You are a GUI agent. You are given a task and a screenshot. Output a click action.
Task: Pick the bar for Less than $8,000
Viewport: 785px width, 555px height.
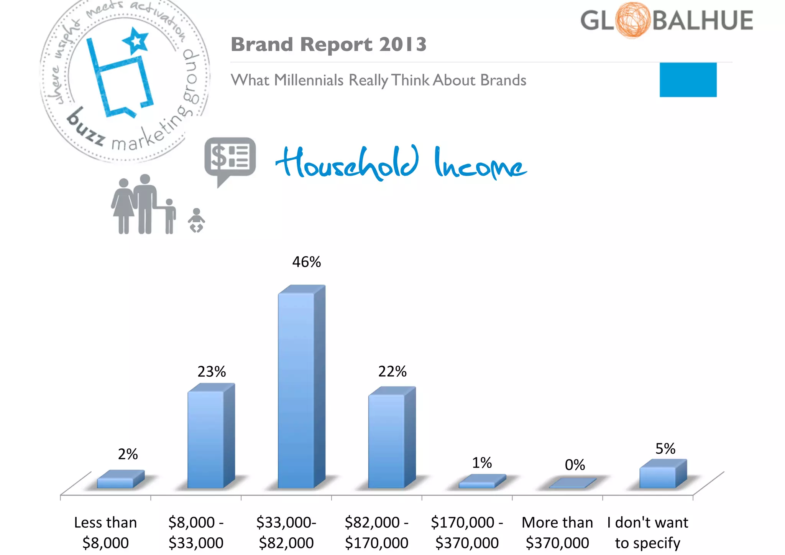tap(115, 483)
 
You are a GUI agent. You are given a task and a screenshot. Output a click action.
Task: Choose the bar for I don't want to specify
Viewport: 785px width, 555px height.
tap(658, 477)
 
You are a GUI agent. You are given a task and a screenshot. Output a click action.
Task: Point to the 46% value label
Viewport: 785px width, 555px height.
tap(306, 262)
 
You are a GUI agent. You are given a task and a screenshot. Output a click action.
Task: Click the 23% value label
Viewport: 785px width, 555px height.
tap(212, 372)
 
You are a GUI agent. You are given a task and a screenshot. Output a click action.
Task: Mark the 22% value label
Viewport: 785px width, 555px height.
tap(392, 371)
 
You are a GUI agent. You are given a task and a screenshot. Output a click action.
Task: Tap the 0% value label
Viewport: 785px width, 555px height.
tap(575, 465)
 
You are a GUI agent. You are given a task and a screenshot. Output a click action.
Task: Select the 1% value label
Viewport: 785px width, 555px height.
tap(482, 463)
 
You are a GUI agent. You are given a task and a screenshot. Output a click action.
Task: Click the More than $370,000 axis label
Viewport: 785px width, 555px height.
tap(557, 533)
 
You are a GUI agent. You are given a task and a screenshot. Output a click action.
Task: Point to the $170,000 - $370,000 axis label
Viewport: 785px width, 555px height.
tap(467, 533)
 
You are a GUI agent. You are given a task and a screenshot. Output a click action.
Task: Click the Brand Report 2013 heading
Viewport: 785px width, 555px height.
tap(328, 44)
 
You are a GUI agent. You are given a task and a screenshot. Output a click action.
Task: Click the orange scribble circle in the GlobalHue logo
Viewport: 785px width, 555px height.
tap(633, 20)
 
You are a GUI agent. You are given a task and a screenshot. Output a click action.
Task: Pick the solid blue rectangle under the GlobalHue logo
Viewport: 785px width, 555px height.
tap(688, 80)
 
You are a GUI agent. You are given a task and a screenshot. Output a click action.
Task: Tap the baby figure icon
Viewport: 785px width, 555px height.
tap(196, 221)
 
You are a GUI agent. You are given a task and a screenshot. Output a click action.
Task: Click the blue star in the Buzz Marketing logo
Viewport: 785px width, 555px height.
tap(136, 40)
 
